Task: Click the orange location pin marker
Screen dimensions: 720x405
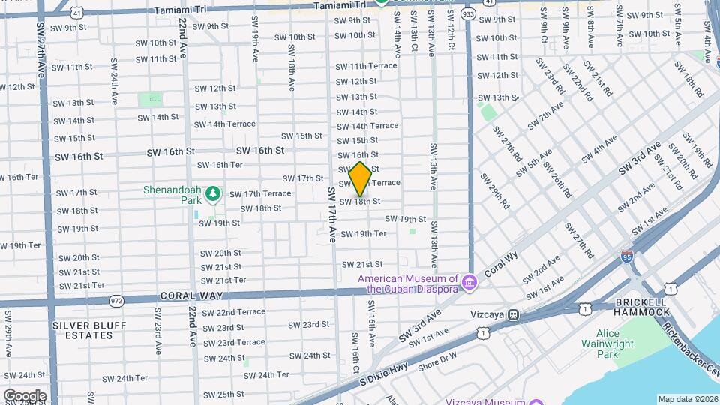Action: tap(360, 178)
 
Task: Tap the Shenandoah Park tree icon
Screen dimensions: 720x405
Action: tap(214, 194)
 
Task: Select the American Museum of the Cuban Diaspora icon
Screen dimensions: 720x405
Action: tap(470, 283)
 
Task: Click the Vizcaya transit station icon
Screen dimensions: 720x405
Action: tap(514, 315)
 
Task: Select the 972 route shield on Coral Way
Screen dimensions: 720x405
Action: tap(116, 301)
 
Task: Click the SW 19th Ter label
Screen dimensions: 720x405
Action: tap(364, 234)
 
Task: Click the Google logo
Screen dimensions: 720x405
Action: tap(24, 395)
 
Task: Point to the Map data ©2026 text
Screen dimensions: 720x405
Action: tap(687, 399)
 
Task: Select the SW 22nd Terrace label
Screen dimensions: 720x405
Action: tap(234, 312)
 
